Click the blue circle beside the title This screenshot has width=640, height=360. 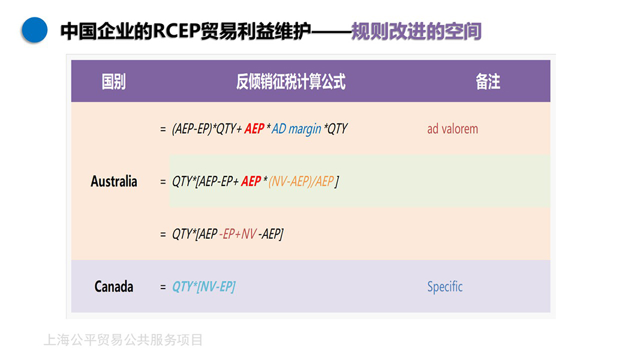click(x=35, y=30)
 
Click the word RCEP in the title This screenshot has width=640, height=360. click(x=176, y=31)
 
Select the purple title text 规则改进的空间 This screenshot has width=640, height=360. click(x=416, y=31)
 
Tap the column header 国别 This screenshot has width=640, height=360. click(x=113, y=81)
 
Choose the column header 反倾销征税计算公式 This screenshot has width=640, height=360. click(x=291, y=81)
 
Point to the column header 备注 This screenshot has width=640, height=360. click(x=488, y=81)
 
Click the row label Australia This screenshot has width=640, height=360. click(x=114, y=181)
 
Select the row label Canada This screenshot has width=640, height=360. click(x=114, y=287)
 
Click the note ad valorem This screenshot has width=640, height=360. click(x=453, y=129)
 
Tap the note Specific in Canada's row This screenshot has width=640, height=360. click(x=445, y=287)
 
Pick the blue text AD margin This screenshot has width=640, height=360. click(x=296, y=129)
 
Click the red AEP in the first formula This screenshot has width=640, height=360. click(x=254, y=129)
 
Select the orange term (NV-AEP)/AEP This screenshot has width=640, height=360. click(x=301, y=181)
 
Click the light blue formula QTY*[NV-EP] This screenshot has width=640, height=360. click(x=203, y=287)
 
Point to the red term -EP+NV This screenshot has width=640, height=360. click(x=238, y=234)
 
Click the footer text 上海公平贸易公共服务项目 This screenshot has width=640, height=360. click(x=124, y=340)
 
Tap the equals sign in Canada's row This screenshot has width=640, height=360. click(x=163, y=287)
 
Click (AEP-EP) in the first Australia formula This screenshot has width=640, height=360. click(x=192, y=129)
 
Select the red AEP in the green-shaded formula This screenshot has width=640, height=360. click(x=251, y=181)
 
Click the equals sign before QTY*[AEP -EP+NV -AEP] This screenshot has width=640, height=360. click(x=163, y=235)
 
